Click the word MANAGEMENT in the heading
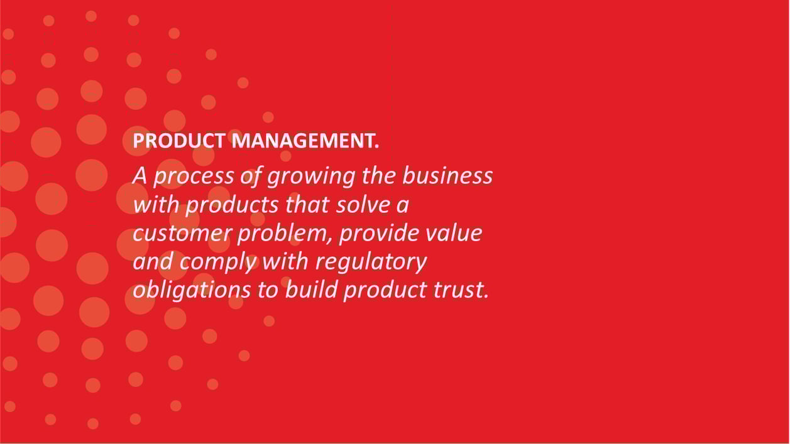coord(305,141)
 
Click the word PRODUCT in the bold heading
coord(179,141)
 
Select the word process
coord(194,177)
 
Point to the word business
coord(447,175)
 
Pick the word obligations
coord(192,291)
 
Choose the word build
coord(311,290)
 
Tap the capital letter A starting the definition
coord(140,176)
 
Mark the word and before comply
coord(153,262)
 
